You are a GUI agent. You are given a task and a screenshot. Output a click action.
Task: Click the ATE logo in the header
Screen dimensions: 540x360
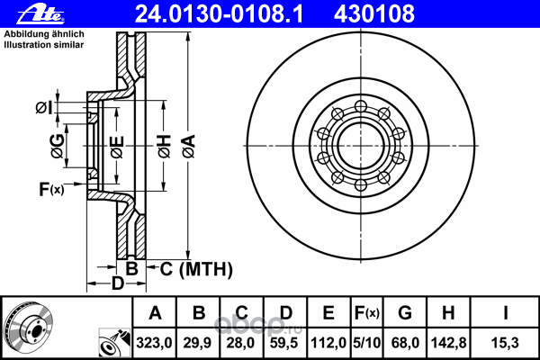pos(40,14)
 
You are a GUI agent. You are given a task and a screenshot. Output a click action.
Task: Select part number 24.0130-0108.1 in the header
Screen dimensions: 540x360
pos(219,14)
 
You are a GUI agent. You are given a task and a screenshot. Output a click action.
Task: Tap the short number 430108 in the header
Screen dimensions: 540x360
pos(374,14)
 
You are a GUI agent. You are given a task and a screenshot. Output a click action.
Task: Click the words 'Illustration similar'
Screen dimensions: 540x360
pos(44,45)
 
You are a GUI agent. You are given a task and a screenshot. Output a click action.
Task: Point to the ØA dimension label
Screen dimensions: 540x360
pos(189,147)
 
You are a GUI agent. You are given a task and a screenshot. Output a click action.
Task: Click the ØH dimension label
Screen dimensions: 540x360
pos(165,147)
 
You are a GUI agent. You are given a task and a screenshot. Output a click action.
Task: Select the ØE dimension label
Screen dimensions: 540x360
pos(117,147)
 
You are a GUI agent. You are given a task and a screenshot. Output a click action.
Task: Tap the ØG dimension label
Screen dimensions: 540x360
pos(58,146)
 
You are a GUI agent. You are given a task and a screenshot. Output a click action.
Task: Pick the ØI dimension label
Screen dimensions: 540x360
pos(44,108)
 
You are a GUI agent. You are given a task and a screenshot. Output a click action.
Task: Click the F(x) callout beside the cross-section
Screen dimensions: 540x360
pos(51,189)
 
